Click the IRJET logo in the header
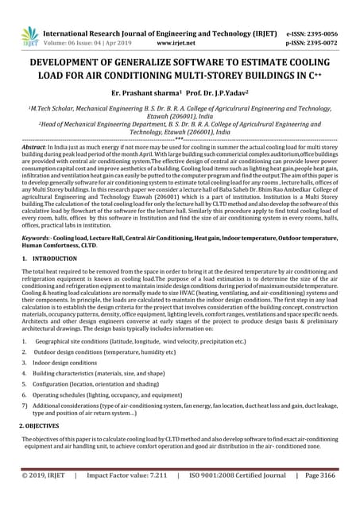click(x=30, y=33)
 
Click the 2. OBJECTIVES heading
click(x=48, y=428)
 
